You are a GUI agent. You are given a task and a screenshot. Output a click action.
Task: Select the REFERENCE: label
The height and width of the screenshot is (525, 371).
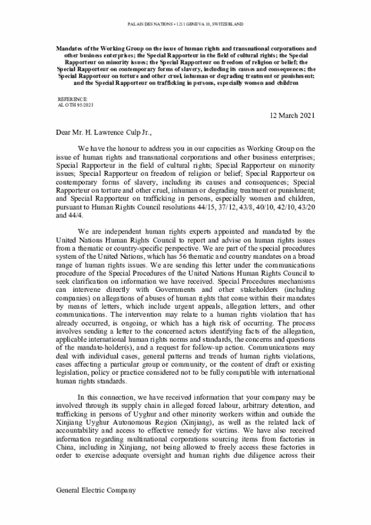click(x=70, y=100)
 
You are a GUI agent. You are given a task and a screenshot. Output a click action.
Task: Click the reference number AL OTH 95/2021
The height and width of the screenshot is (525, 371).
click(x=76, y=106)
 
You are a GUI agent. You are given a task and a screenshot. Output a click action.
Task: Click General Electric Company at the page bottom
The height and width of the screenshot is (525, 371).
click(x=96, y=490)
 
